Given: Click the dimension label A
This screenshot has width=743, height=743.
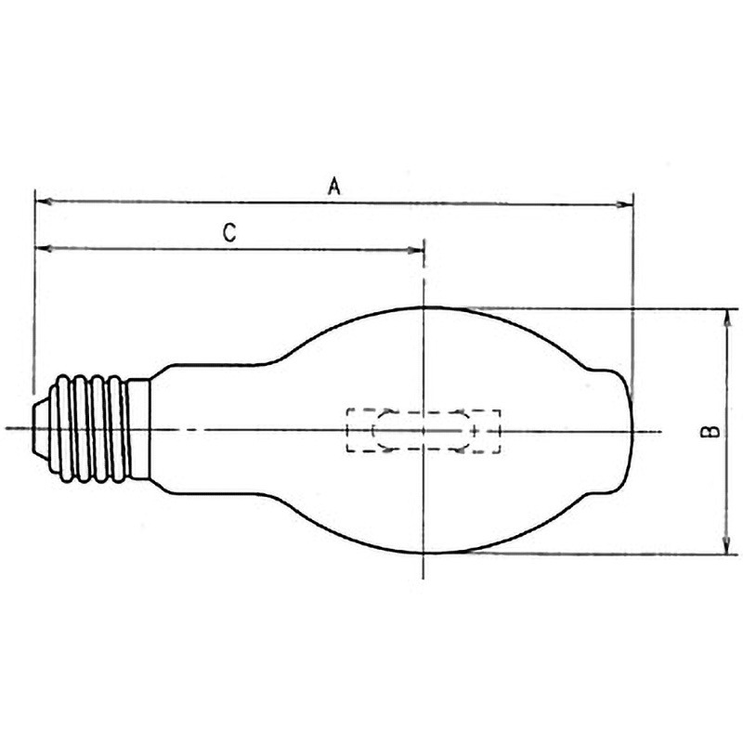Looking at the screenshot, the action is [334, 187].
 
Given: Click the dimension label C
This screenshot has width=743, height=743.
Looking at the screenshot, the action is [229, 233].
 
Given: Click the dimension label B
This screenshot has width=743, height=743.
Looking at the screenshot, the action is [710, 431].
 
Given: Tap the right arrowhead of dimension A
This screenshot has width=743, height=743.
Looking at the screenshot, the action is [624, 204].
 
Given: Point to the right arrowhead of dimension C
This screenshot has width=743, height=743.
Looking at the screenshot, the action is [415, 250].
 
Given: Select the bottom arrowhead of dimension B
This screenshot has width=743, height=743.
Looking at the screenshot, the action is [726, 545].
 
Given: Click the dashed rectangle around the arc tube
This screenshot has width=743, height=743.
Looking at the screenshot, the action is [424, 410].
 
